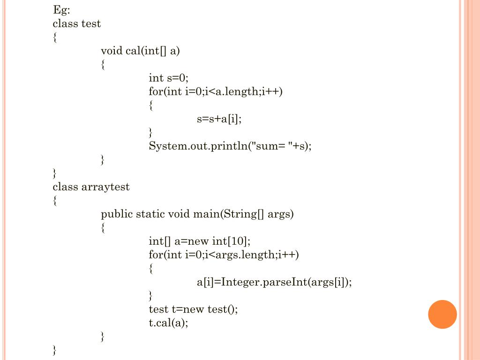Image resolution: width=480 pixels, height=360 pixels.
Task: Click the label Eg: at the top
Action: pos(61,10)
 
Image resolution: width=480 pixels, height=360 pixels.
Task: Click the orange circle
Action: pos(442,314)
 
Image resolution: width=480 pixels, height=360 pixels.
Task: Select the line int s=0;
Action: pos(168,78)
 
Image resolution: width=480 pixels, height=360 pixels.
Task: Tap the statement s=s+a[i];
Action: pos(219,119)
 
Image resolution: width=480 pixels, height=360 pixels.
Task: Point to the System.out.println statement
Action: pos(230,146)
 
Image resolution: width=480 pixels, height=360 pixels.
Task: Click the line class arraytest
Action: pos(91,187)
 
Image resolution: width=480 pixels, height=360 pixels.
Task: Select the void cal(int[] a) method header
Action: pos(140,51)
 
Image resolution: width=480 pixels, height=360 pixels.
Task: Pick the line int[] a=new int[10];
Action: pos(200,241)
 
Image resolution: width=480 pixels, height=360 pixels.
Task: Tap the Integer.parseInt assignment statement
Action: pos(274,282)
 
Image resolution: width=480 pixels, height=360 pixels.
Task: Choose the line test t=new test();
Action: pos(193,309)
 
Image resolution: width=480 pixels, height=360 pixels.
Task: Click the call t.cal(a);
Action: pos(168,323)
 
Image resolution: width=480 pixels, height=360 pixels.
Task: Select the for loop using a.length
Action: pos(216,91)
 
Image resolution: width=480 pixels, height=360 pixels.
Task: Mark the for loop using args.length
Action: pos(224,255)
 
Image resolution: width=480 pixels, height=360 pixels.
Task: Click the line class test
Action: pos(76,23)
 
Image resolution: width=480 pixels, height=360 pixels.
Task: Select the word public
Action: pos(117,215)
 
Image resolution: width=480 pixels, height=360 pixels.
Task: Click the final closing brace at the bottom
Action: pos(55,350)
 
